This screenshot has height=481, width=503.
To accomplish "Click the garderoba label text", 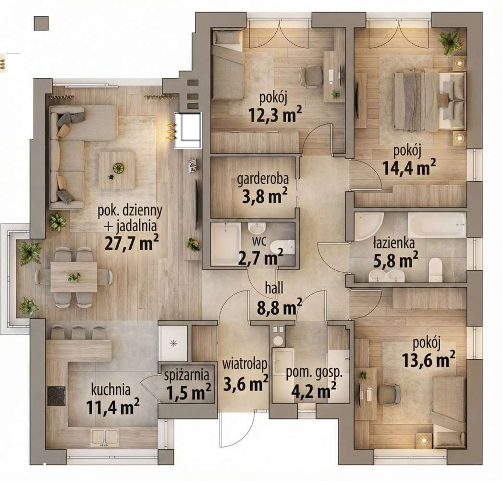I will [263, 180].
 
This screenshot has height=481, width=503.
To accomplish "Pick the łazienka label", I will [394, 243].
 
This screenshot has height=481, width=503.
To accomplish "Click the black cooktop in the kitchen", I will [56, 396].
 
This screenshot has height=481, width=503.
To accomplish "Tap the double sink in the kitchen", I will [105, 437].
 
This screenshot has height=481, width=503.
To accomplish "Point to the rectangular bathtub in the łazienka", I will [437, 225].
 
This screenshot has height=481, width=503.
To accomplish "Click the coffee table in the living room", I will [117, 170].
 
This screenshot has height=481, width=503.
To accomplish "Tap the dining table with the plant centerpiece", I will [74, 277].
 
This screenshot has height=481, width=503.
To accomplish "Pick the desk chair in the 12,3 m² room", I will [312, 76].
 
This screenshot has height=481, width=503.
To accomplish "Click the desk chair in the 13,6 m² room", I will [388, 394].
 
